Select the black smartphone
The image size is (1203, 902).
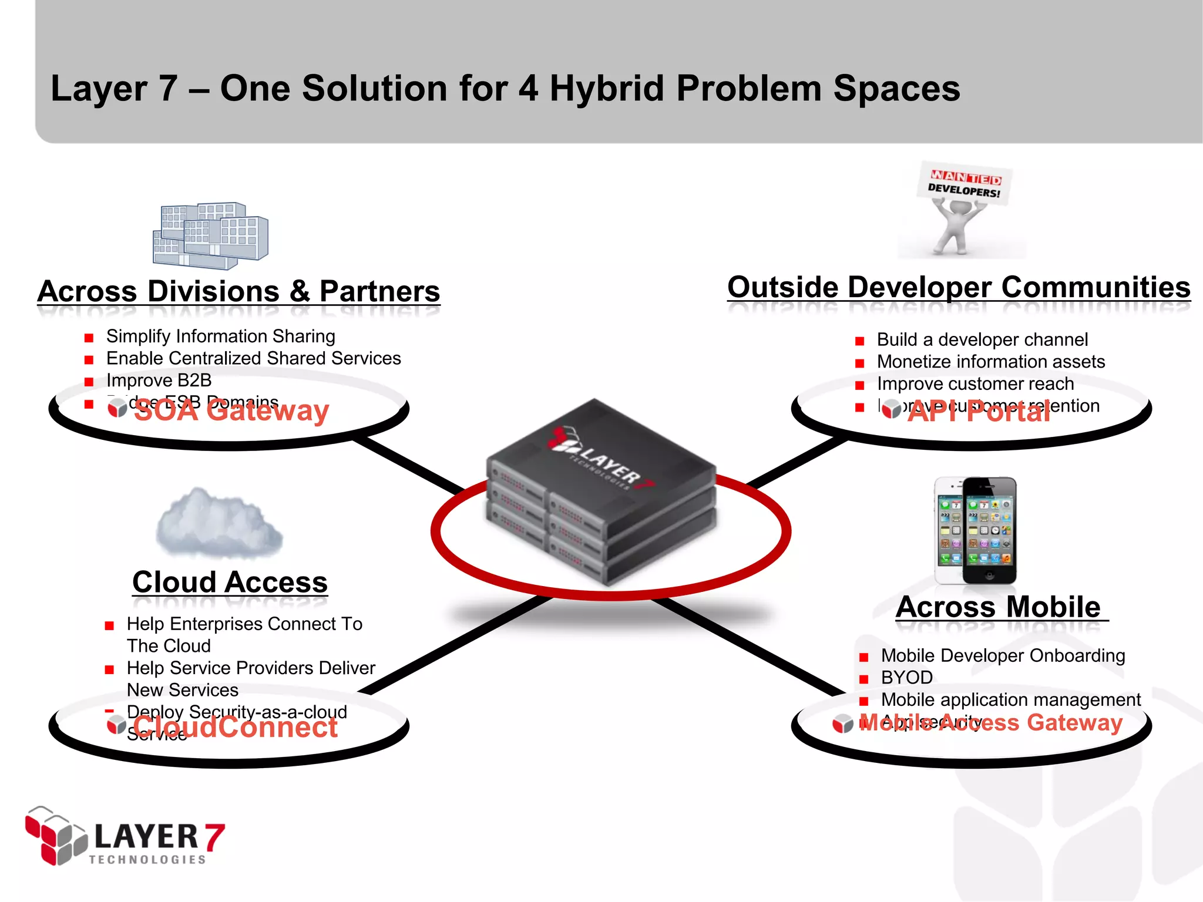point(990,530)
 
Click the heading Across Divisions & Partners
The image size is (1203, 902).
point(238,291)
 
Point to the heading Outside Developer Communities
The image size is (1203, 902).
point(959,288)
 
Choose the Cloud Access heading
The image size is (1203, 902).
point(230,582)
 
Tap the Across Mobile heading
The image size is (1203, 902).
point(999,607)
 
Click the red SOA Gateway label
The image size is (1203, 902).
point(231,411)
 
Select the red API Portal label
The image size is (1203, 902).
point(979,412)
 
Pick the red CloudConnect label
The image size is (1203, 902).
point(235,728)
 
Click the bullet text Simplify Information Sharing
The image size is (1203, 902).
point(220,336)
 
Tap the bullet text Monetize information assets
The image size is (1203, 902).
point(990,362)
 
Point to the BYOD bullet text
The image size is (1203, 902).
point(906,678)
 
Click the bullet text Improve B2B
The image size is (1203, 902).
point(159,381)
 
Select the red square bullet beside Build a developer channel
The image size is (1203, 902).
point(859,341)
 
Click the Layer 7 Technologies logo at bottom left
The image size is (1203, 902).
point(125,836)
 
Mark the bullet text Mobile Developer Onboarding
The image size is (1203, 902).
point(1003,655)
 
